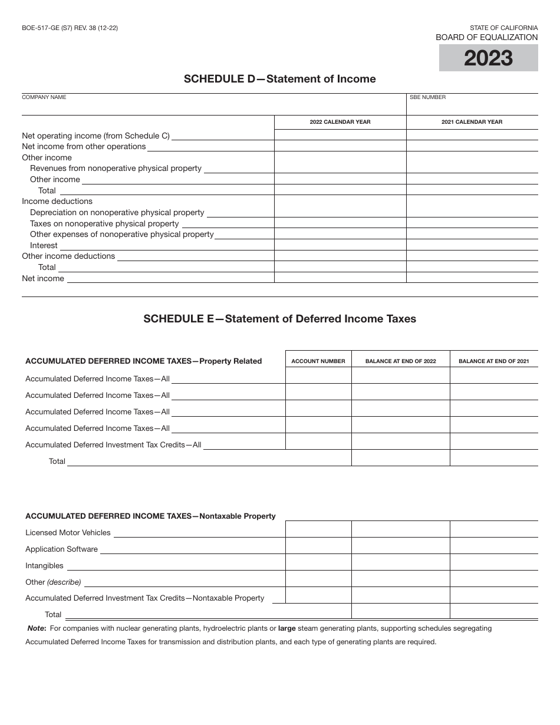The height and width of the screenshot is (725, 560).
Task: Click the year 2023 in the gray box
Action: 488,58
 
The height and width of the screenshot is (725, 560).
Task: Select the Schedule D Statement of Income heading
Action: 279,79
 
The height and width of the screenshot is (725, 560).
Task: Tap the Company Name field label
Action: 44,97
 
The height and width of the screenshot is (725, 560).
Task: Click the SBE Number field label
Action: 427,97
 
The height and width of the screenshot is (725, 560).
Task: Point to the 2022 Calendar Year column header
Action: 340,122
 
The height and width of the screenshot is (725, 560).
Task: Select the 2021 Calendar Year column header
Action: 472,122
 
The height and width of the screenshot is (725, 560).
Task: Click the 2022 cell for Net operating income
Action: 340,135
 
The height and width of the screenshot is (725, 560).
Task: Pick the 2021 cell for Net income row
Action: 472,278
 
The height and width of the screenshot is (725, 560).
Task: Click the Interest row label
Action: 44,245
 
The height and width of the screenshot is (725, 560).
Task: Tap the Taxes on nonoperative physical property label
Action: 104,223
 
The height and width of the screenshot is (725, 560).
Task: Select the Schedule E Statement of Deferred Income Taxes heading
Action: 279,319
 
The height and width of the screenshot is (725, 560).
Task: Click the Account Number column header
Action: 318,361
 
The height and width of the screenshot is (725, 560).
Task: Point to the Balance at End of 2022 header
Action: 400,361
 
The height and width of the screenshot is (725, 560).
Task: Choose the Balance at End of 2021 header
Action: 493,361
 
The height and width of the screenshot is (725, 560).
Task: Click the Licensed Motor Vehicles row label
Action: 68,532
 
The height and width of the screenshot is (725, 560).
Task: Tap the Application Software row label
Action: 61,549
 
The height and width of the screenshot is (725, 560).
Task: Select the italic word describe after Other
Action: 64,582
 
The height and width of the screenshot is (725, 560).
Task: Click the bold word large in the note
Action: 286,628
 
